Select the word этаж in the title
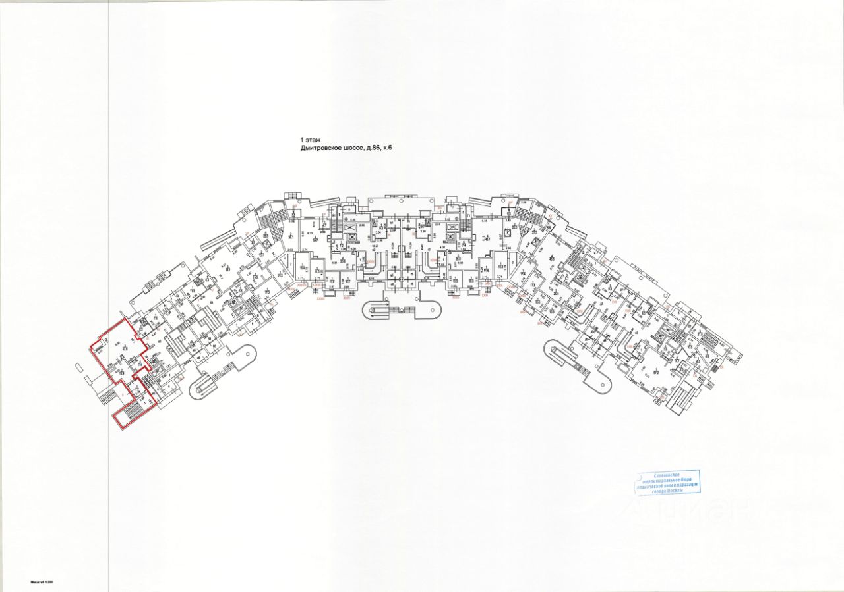313,140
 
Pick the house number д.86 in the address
382,149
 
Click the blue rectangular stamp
667,482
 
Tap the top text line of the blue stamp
667,474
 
